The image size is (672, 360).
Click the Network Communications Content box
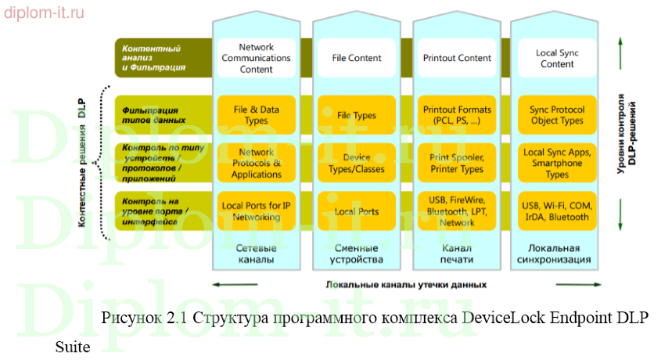[x=256, y=58]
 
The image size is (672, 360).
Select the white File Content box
[x=357, y=58]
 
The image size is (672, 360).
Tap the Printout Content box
[x=457, y=58]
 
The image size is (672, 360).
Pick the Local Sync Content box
[x=557, y=58]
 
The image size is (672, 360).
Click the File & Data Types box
[x=256, y=115]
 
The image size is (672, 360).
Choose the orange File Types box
[x=357, y=115]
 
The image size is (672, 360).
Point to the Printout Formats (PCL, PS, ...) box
[x=457, y=115]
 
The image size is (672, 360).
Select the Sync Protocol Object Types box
[x=557, y=115]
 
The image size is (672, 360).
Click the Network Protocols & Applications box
[x=256, y=164]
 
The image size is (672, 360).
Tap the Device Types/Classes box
[x=357, y=164]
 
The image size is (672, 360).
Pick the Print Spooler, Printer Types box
[x=457, y=164]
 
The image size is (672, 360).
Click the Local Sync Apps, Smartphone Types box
[x=557, y=164]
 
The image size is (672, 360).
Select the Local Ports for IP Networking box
[x=256, y=211]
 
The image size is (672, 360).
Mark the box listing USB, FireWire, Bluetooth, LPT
[x=457, y=211]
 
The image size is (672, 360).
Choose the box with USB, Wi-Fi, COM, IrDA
[x=557, y=211]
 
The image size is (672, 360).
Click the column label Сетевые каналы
[x=256, y=253]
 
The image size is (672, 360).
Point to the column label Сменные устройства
[x=357, y=253]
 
